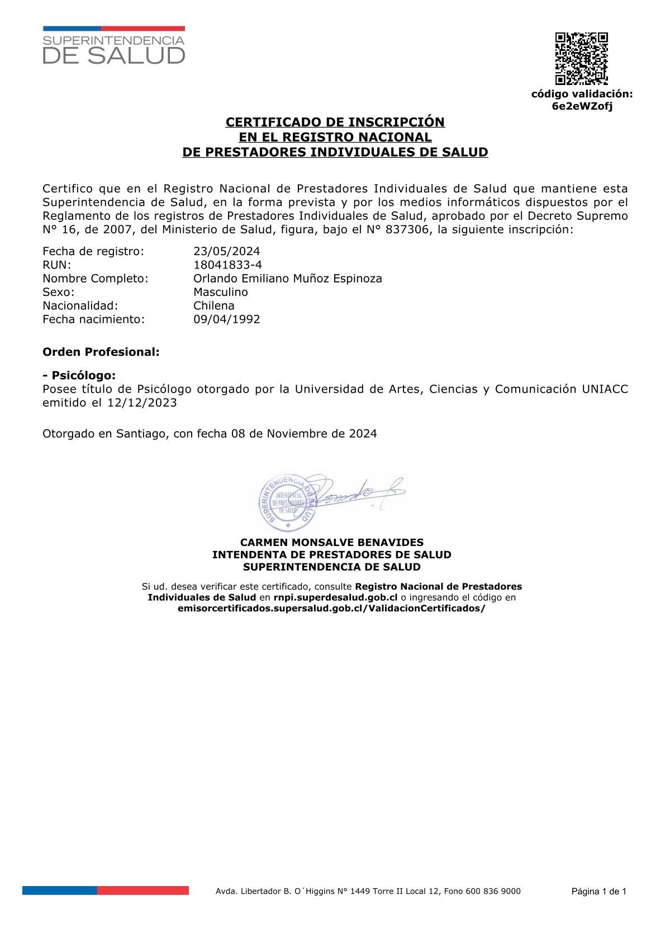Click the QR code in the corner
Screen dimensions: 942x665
(581, 58)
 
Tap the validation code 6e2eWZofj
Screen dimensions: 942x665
(582, 106)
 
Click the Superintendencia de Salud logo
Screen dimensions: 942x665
(114, 45)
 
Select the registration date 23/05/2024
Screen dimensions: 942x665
(226, 251)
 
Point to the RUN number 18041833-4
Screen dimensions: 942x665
(227, 265)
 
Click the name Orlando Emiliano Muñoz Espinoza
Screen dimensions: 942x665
(287, 278)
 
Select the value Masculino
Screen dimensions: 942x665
(220, 292)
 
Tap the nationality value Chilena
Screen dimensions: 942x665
(213, 305)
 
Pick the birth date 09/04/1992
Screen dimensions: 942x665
(226, 319)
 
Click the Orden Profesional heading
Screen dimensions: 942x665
(101, 352)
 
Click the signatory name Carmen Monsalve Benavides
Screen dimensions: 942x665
(331, 542)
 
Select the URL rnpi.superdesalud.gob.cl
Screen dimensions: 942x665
(335, 597)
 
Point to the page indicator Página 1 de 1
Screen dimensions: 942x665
(598, 892)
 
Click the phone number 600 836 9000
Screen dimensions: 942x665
(494, 891)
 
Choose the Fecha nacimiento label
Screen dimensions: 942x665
(93, 319)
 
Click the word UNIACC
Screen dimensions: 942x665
(605, 389)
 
